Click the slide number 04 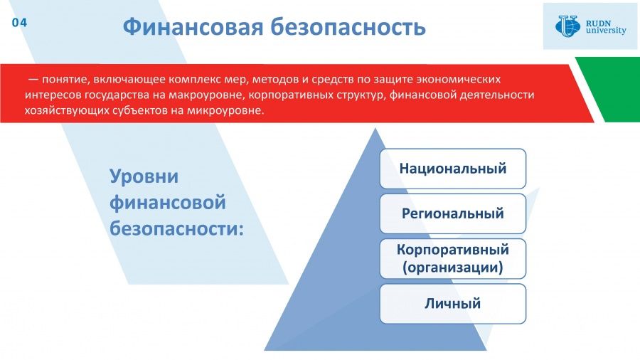(x=19, y=23)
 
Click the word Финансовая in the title (x=193, y=27)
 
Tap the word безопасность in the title (x=348, y=27)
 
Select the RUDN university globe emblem (x=567, y=26)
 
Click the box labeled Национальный (x=453, y=169)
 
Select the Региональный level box (x=453, y=213)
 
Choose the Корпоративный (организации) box (x=453, y=259)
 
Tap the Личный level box (x=453, y=304)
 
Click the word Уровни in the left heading (x=144, y=176)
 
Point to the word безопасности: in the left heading (x=176, y=228)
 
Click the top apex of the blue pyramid (x=375, y=129)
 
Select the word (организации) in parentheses (x=453, y=268)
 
